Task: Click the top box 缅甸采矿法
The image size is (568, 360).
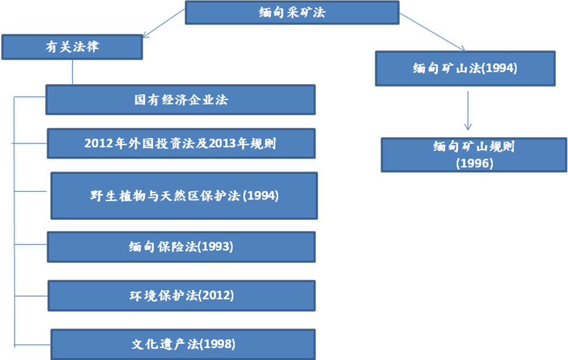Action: [x=292, y=12]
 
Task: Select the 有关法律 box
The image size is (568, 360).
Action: [x=72, y=47]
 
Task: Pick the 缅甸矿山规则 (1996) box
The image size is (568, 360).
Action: [x=474, y=155]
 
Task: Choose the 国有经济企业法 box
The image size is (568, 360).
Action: [x=180, y=100]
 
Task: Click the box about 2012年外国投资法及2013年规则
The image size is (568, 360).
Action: [x=181, y=144]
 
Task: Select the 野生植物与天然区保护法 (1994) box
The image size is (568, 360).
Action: [x=184, y=195]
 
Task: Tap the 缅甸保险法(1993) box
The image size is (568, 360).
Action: [x=181, y=247]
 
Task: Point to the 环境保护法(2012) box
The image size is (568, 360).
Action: [x=182, y=295]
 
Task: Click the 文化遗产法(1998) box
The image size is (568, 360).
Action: [x=183, y=344]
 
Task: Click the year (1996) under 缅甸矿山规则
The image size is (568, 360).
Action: [x=474, y=163]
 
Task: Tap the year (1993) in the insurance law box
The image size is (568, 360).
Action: [x=216, y=247]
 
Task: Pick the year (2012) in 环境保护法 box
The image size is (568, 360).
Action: [x=216, y=295]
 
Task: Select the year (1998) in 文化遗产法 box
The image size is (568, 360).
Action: [x=218, y=344]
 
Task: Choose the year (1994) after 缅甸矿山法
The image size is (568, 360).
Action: [x=500, y=68]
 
